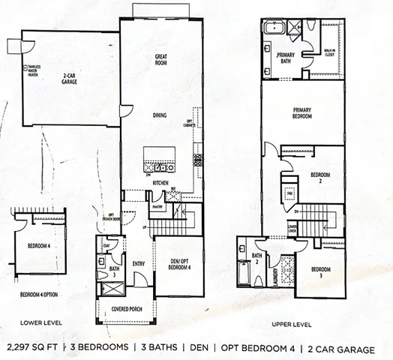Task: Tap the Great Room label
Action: click(x=160, y=59)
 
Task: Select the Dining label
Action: click(x=160, y=115)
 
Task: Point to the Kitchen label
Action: click(x=160, y=183)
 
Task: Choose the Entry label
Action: click(x=139, y=263)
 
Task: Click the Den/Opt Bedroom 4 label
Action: click(x=179, y=265)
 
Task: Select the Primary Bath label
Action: click(x=286, y=59)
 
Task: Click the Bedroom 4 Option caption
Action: click(x=39, y=293)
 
